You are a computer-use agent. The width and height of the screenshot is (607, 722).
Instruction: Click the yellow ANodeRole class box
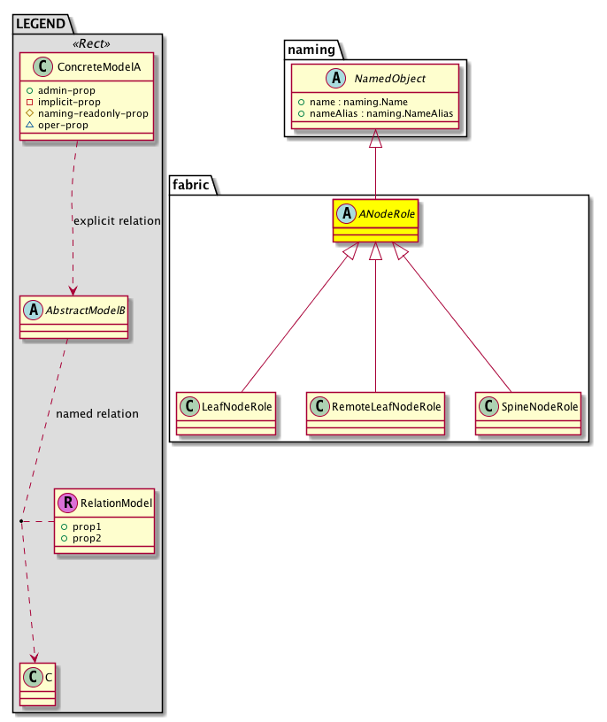point(375,221)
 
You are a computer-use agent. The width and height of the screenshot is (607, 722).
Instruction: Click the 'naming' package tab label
point(308,48)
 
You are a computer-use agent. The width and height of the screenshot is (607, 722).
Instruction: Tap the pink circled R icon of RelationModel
point(67,503)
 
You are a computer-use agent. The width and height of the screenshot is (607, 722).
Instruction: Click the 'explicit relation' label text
point(118,220)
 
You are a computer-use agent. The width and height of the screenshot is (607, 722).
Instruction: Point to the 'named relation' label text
point(96,413)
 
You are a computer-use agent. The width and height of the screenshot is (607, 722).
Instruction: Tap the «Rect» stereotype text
point(88,42)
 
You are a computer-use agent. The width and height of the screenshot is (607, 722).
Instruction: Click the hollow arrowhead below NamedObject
point(375,139)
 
